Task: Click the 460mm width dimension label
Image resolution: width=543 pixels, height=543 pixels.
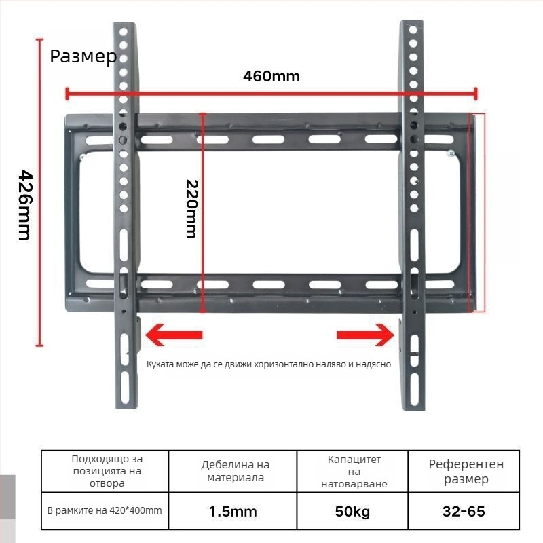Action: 271,75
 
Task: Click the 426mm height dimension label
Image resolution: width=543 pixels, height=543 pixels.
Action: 23,204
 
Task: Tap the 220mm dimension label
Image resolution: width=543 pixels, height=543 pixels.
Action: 191,209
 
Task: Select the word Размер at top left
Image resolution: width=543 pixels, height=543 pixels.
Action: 83,56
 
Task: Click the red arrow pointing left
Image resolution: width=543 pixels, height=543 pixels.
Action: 174,334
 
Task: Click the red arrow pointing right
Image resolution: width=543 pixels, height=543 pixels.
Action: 367,334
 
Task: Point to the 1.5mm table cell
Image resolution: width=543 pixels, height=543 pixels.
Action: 233,511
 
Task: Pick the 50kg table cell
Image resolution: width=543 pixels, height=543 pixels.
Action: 352,511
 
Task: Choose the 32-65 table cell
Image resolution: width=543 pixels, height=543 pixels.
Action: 464,511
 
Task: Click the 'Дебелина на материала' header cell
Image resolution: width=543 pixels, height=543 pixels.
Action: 235,471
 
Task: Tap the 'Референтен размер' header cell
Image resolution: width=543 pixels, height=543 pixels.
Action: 466,472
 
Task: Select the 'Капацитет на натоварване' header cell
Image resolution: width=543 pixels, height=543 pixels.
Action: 354,472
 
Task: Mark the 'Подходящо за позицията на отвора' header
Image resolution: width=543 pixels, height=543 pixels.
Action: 107,471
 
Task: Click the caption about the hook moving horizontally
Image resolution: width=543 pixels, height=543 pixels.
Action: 269,364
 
